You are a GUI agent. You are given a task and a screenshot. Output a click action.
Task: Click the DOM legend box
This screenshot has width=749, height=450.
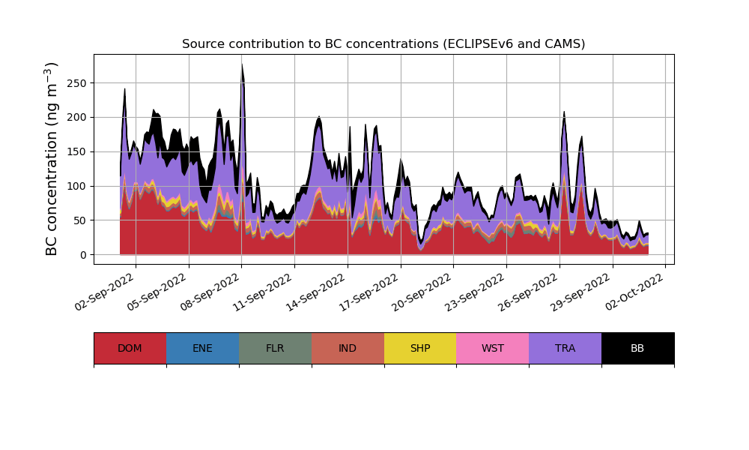(x=130, y=348)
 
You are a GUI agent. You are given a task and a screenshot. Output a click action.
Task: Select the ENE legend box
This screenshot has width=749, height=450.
(x=202, y=348)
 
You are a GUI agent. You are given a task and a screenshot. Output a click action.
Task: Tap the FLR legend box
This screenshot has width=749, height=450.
(x=275, y=348)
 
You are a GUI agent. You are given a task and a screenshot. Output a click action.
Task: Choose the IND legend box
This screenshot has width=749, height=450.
(x=348, y=348)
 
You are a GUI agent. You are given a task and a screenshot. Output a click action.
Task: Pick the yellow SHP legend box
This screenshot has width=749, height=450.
(x=420, y=348)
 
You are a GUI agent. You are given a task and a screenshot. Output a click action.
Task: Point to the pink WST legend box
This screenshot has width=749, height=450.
(x=493, y=348)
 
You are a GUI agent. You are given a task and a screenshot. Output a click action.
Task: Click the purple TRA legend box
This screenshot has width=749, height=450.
(x=565, y=348)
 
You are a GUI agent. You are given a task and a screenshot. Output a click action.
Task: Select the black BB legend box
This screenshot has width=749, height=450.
(x=637, y=348)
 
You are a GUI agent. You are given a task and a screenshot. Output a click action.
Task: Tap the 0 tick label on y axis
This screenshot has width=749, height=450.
(x=82, y=255)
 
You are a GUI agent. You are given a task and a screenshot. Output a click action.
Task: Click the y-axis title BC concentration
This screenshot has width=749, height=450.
(x=52, y=159)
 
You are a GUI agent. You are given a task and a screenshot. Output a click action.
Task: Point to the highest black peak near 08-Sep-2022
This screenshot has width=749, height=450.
(x=242, y=65)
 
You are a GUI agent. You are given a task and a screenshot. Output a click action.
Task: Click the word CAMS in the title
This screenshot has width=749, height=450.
(x=562, y=44)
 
